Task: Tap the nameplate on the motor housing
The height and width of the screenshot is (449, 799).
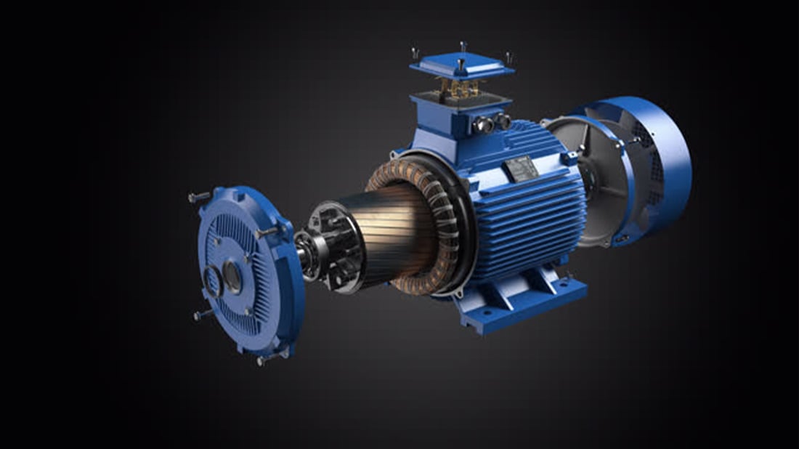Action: (x=521, y=169)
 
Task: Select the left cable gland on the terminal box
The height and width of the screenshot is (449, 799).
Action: (x=483, y=126)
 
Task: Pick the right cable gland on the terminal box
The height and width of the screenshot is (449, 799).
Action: (x=502, y=121)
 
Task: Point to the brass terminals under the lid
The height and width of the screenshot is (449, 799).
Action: (x=461, y=89)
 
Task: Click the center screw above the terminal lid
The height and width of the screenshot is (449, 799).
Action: (x=463, y=47)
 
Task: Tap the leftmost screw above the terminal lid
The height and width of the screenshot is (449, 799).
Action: (x=415, y=54)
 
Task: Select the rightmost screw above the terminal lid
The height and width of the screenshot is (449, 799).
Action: (x=508, y=57)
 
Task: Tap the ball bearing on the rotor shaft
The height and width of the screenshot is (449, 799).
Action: (x=305, y=254)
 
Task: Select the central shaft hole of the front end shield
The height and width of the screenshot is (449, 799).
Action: (x=232, y=277)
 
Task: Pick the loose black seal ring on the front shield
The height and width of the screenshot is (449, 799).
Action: (x=212, y=280)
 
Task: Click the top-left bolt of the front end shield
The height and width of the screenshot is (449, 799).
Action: (x=197, y=197)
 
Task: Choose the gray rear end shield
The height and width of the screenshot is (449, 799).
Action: (x=581, y=182)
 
